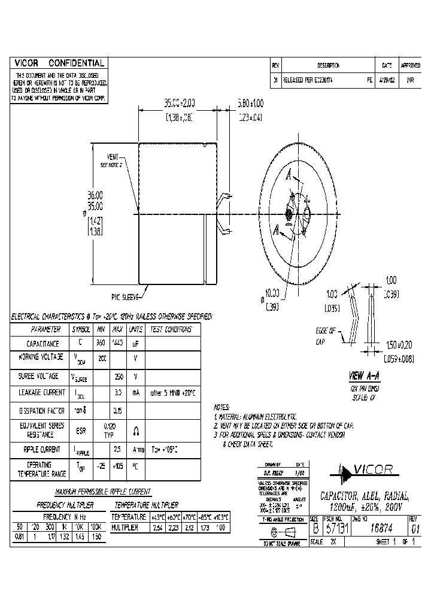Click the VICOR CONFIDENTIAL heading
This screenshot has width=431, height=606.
(59, 63)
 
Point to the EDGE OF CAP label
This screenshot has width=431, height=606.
(326, 336)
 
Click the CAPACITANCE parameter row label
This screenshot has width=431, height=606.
(42, 344)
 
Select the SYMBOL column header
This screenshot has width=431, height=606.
(81, 329)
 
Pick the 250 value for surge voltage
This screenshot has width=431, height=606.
(119, 377)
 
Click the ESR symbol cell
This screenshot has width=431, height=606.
(81, 429)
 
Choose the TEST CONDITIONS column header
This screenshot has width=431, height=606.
(171, 329)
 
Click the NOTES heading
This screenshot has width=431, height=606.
(222, 406)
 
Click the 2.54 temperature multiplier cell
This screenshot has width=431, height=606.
(157, 528)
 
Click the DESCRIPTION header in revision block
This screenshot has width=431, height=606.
(328, 65)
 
